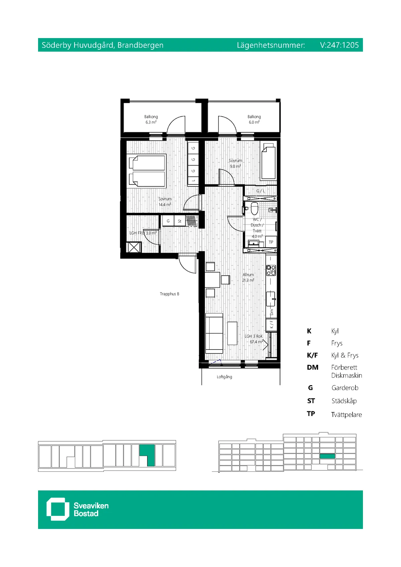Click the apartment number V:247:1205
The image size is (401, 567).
pos(339,45)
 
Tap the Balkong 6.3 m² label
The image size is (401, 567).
pos(151,119)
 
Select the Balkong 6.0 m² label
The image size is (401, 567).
pos(254,119)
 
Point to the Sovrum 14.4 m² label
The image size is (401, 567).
pos(165,201)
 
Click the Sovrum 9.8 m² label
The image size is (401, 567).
pos(235,163)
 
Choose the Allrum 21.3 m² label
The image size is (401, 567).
pos(248,277)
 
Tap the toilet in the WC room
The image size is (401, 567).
pos(254,208)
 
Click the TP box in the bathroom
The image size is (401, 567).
pos(271,242)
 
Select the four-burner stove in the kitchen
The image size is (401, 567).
pos(271,270)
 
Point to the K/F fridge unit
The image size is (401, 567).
pos(271,324)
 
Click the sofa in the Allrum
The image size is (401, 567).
pos(214,333)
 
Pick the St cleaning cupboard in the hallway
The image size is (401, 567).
pos(179,221)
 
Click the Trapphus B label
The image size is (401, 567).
pos(169,294)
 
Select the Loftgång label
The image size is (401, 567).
pos(224,377)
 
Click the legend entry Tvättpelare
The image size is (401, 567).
pos(346,415)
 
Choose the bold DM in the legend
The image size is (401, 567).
pos(312,368)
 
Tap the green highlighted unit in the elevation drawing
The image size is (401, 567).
pos(327,456)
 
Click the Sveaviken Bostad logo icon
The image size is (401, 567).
pos(56,509)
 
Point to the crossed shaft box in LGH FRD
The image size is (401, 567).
pos(134,248)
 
